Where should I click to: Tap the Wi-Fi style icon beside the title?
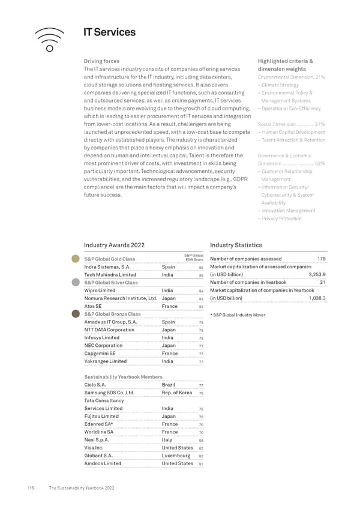pyautogui.click(x=50, y=39)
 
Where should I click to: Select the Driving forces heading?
pyautogui.click(x=101, y=61)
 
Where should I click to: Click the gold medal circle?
pyautogui.click(x=76, y=259)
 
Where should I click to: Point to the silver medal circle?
pyautogui.click(x=76, y=282)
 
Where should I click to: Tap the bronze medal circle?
pyautogui.click(x=76, y=313)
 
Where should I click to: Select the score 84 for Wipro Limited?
pyautogui.click(x=202, y=291)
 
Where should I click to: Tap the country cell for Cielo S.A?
pyautogui.click(x=169, y=385)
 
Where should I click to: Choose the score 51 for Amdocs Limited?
pyautogui.click(x=202, y=464)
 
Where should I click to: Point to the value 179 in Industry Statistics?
pyautogui.click(x=321, y=259)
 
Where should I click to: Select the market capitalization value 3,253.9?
pyautogui.click(x=316, y=274)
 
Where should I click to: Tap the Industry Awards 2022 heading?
pyautogui.click(x=114, y=245)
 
